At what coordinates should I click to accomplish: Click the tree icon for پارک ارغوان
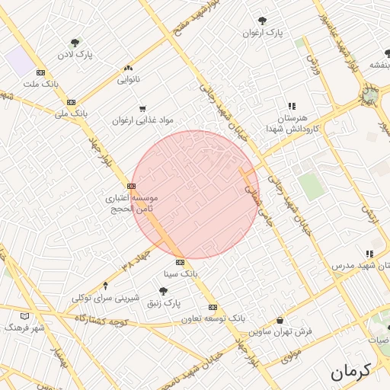[x=263, y=21]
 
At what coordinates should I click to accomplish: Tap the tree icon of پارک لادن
[x=75, y=43]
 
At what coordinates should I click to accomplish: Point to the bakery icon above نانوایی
[x=126, y=68]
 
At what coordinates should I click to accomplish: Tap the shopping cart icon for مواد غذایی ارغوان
[x=142, y=109]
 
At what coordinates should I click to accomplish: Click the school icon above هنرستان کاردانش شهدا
[x=291, y=107]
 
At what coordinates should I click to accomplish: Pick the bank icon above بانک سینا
[x=180, y=262]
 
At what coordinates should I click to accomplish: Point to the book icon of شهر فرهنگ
[x=24, y=315]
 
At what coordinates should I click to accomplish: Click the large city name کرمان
[x=350, y=372]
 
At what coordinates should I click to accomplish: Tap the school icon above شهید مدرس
[x=369, y=254]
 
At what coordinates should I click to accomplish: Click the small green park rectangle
[x=311, y=187]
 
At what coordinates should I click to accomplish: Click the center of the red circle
[x=196, y=194]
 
